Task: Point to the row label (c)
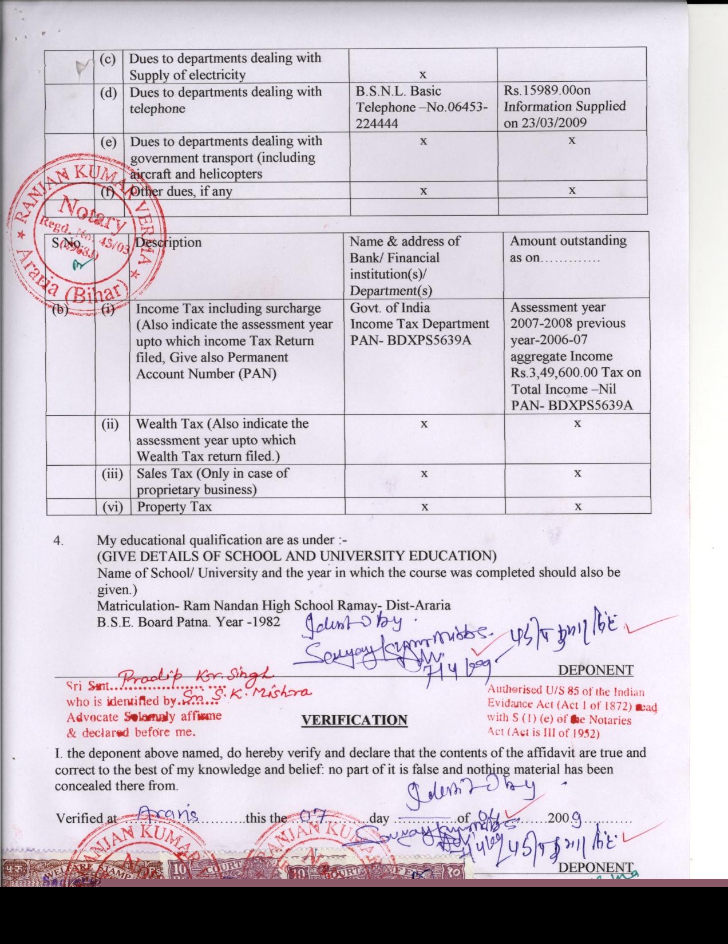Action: point(108,59)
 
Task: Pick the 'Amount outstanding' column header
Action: point(568,241)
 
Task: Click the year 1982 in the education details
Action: point(267,621)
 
